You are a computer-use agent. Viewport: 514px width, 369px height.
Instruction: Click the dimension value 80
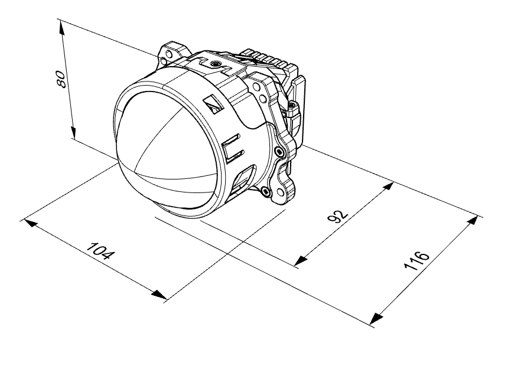(61, 79)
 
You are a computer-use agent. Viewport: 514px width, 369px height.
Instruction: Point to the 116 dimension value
(416, 261)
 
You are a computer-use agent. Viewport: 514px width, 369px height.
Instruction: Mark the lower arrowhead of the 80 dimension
(73, 132)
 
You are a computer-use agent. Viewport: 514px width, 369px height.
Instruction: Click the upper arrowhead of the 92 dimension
(388, 187)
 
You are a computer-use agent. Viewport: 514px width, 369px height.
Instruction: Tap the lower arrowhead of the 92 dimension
(301, 260)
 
